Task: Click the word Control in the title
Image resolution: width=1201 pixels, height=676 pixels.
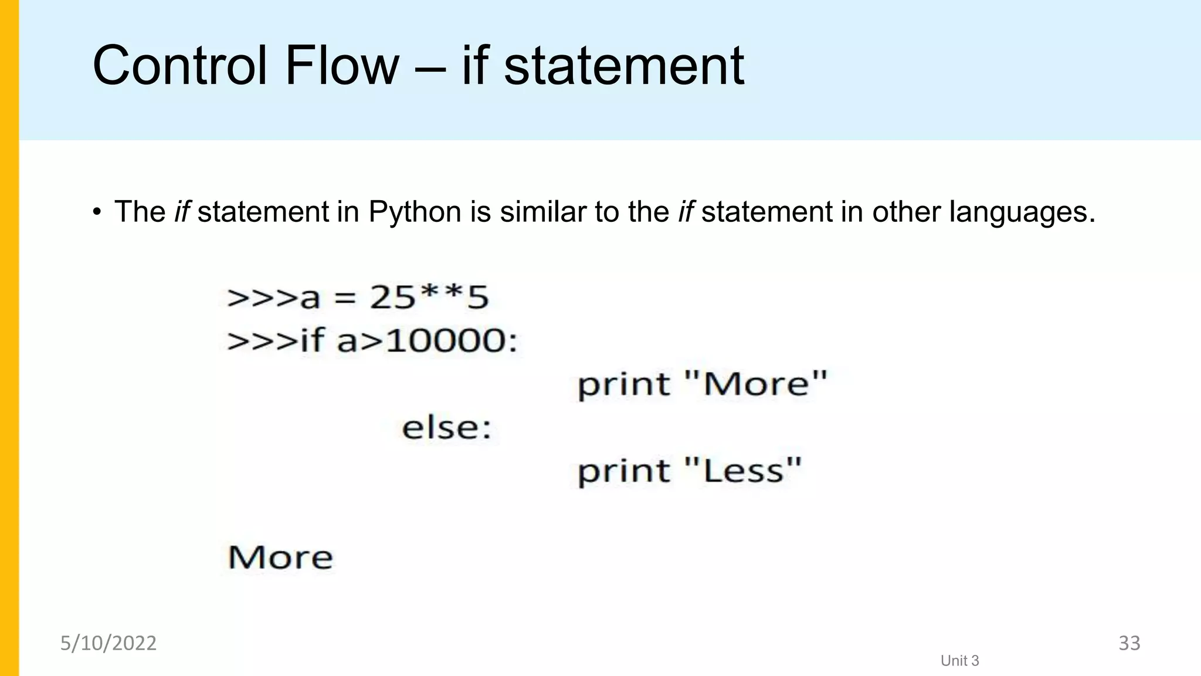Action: [179, 66]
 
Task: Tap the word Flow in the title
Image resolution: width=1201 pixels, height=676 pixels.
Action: [341, 66]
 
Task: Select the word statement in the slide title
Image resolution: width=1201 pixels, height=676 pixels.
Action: [624, 66]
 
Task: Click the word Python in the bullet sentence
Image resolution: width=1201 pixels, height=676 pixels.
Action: [415, 212]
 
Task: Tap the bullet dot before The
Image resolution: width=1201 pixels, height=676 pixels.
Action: [97, 212]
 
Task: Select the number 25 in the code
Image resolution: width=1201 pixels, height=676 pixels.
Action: [392, 297]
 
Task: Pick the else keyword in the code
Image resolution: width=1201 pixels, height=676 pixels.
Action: [446, 427]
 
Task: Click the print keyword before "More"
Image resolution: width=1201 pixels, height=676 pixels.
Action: [623, 385]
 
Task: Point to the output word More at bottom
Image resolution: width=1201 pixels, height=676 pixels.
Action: [280, 557]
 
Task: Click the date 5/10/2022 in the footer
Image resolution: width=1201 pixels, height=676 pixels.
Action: [108, 643]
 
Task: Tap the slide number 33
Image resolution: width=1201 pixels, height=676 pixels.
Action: [1129, 643]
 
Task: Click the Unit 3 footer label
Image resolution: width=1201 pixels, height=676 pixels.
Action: [959, 661]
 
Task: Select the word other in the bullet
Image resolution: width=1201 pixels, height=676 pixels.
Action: [907, 211]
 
